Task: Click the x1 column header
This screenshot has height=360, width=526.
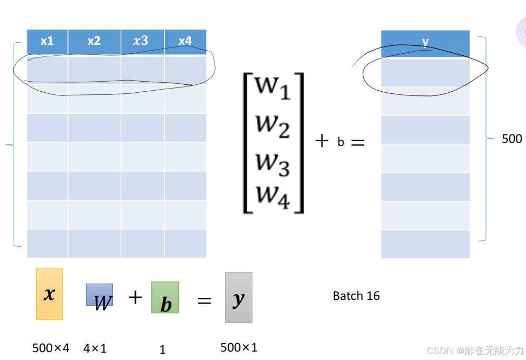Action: [47, 41]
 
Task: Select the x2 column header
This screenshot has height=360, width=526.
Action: [94, 41]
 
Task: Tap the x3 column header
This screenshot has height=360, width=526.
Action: [141, 41]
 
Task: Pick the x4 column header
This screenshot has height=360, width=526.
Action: [185, 41]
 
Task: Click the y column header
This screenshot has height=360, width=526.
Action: [425, 42]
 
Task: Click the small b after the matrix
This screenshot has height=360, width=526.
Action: [340, 142]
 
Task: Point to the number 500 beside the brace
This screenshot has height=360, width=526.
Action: [511, 139]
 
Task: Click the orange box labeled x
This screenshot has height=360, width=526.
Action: [50, 294]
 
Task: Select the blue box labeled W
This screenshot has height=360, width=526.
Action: [100, 296]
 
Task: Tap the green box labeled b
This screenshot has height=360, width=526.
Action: [165, 297]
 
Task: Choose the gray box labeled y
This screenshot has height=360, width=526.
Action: [239, 297]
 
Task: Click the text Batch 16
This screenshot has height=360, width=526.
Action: [356, 296]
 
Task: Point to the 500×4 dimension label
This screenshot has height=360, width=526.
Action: [51, 348]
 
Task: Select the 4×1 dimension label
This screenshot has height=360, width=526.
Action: [95, 348]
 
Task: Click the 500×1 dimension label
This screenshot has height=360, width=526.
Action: [239, 347]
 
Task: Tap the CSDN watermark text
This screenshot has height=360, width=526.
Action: [475, 351]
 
